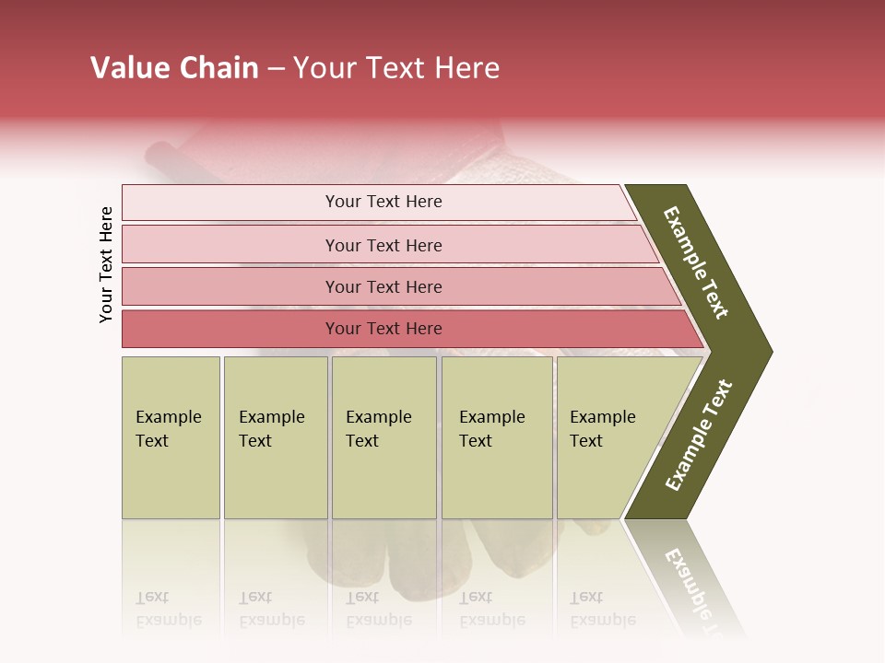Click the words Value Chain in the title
tap(174, 68)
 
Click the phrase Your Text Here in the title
tap(396, 68)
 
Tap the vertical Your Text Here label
tap(106, 264)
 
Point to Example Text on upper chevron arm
tap(696, 262)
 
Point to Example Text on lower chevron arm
tap(698, 436)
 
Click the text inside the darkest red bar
tap(383, 329)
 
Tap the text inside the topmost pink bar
tap(383, 202)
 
